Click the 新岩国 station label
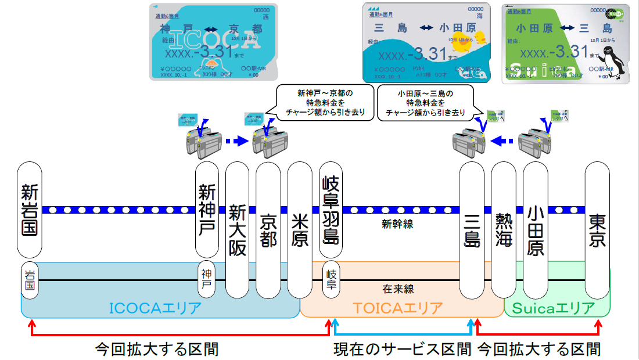tap(30, 209)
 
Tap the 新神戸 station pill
tap(207, 209)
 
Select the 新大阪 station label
tap(237, 230)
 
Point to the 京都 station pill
tap(268, 230)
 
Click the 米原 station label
tap(300, 230)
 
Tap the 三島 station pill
tap(472, 230)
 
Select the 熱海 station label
tap(504, 230)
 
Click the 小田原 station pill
tap(536, 230)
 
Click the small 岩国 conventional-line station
tap(30, 280)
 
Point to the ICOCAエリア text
tap(155, 308)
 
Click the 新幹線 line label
tap(397, 224)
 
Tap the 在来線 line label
tap(398, 289)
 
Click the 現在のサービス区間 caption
tap(402, 349)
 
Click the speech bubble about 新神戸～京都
tap(325, 103)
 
